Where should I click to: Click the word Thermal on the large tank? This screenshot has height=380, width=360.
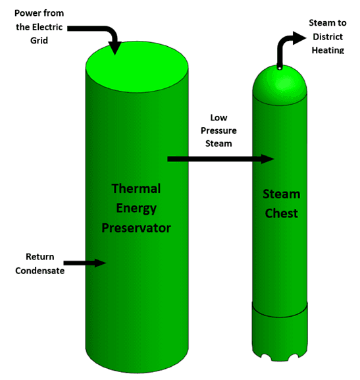pos(136,188)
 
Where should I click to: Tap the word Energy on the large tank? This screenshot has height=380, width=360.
pos(136,209)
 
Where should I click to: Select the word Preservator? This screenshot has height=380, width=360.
pos(136,228)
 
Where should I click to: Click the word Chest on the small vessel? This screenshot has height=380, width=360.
pos(281,213)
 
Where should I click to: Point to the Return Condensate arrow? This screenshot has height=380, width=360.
pos(85,263)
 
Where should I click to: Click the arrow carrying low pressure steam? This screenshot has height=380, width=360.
pos(220,159)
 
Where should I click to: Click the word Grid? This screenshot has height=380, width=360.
pos(39,40)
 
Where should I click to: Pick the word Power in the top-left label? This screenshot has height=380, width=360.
pos(26,13)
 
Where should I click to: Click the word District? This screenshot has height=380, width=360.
pos(328,37)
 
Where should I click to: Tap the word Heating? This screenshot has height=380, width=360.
pos(328,50)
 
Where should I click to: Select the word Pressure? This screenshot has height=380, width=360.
pos(219,130)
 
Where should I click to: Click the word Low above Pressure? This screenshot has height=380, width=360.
pos(219,118)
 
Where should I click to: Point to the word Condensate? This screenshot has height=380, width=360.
pos(39,271)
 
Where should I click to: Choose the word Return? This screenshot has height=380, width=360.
pos(40,257)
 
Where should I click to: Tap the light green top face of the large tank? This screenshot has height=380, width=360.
pos(137,67)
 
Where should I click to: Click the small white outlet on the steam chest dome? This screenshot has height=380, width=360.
pos(280,68)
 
